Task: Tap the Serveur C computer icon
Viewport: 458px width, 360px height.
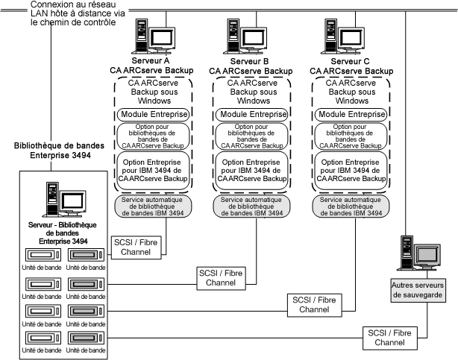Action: tap(344, 36)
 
